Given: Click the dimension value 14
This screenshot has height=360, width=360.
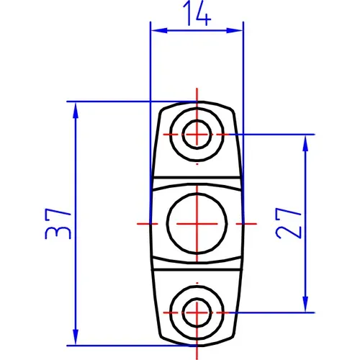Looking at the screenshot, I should pyautogui.click(x=196, y=14).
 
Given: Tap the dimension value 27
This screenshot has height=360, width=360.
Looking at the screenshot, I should pyautogui.click(x=288, y=222).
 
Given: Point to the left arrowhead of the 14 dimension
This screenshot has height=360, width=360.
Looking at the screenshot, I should pyautogui.click(x=155, y=30).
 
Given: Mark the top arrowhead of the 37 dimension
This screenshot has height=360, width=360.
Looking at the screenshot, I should pyautogui.click(x=76, y=107).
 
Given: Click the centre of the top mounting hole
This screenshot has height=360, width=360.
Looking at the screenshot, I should pyautogui.click(x=196, y=134).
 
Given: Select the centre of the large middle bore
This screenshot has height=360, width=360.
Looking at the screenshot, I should pyautogui.click(x=196, y=223).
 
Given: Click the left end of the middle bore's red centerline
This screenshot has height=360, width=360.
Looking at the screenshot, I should pyautogui.click(x=138, y=223).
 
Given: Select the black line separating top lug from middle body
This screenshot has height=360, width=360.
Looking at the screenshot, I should pyautogui.click(x=196, y=176).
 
